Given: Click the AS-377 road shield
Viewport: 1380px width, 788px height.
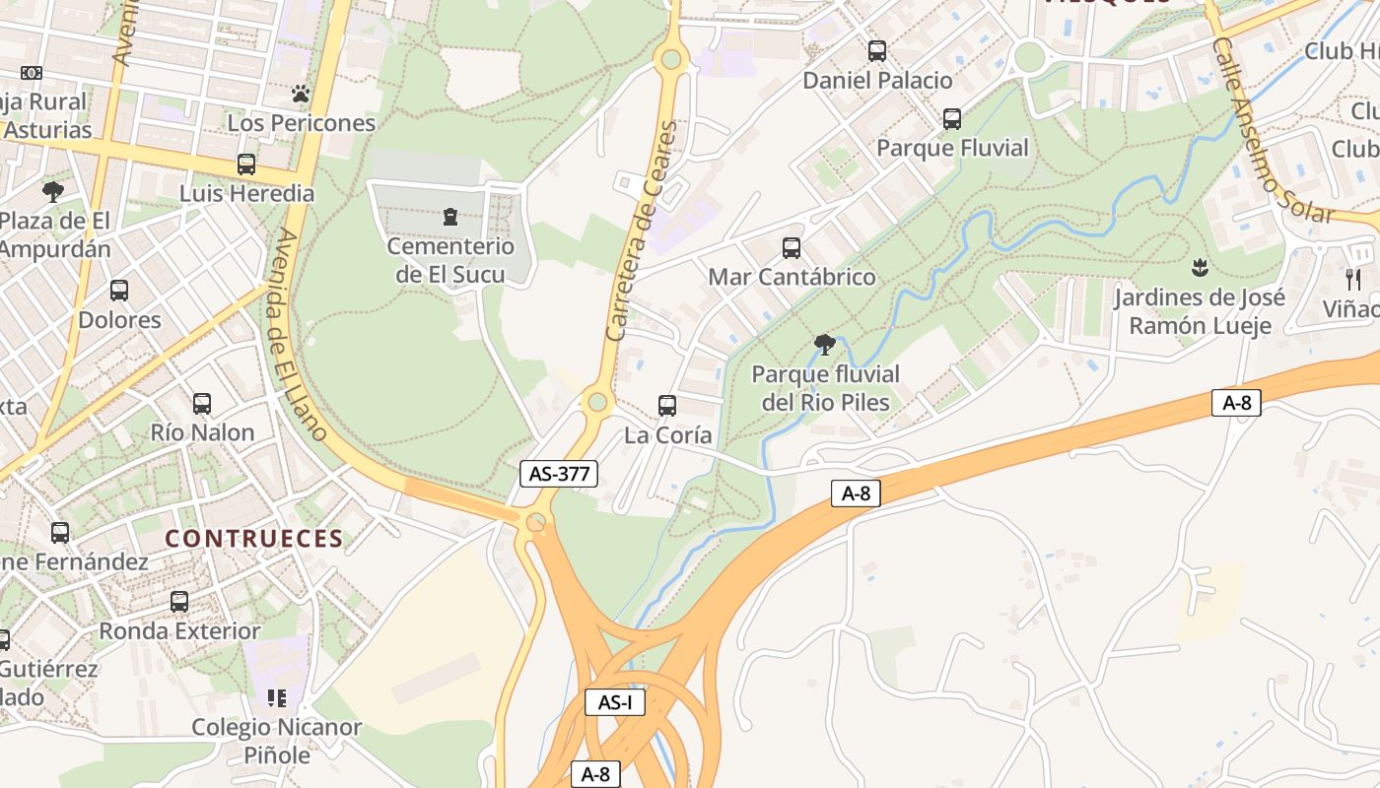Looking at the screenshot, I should pyautogui.click(x=559, y=474).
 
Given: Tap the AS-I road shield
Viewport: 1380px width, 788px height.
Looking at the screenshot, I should pyautogui.click(x=615, y=702).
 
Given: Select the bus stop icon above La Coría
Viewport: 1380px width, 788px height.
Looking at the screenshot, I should pyautogui.click(x=667, y=405).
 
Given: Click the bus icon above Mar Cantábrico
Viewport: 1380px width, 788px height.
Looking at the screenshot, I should pyautogui.click(x=792, y=247).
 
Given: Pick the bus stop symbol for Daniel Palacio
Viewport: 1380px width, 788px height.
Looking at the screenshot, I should pyautogui.click(x=877, y=51).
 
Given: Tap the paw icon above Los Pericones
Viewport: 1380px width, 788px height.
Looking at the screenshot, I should pyautogui.click(x=301, y=95).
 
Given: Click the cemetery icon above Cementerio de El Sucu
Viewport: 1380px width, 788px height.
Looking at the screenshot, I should pyautogui.click(x=450, y=216).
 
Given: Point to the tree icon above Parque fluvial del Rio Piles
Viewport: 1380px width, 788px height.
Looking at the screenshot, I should pyautogui.click(x=825, y=344).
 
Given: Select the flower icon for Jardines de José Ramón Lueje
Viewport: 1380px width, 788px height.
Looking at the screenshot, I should pyautogui.click(x=1200, y=267).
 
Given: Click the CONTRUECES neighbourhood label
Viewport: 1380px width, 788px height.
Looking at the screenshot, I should pyautogui.click(x=254, y=539).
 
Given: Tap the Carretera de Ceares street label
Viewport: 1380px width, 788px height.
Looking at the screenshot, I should pyautogui.click(x=644, y=231).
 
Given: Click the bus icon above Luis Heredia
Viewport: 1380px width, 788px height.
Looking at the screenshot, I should pyautogui.click(x=246, y=164).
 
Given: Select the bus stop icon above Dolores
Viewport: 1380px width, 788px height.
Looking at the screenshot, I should pyautogui.click(x=119, y=291).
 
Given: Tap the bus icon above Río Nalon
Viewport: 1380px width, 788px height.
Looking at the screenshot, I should pyautogui.click(x=202, y=403).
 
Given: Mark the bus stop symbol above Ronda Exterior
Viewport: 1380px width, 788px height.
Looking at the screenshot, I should pyautogui.click(x=179, y=601).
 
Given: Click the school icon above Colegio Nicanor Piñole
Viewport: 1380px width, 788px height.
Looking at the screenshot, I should pyautogui.click(x=277, y=698).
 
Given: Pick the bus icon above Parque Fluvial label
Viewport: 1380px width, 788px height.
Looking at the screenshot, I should pyautogui.click(x=952, y=119).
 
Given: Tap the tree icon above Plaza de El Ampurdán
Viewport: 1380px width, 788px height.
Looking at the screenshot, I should pyautogui.click(x=53, y=191).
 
